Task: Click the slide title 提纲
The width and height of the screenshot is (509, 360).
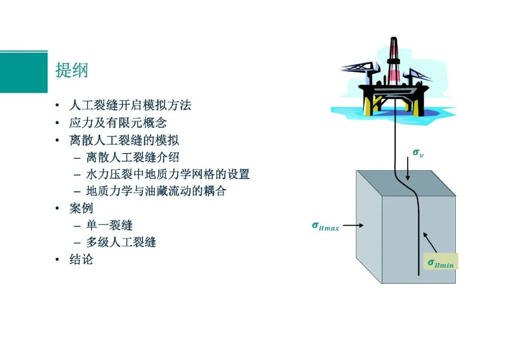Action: click(72, 70)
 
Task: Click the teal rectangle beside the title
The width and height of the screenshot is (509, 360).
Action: click(24, 72)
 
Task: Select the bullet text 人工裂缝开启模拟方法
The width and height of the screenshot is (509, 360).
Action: click(130, 105)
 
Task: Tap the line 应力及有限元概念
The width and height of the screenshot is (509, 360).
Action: click(118, 123)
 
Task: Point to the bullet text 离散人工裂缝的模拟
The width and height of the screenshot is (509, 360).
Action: click(124, 140)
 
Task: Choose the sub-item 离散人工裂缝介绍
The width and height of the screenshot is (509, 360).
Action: click(132, 157)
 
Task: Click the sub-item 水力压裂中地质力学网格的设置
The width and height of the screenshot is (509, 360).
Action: click(168, 174)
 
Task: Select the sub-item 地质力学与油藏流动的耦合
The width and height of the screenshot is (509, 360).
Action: click(156, 191)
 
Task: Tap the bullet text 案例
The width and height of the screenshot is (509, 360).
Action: click(81, 208)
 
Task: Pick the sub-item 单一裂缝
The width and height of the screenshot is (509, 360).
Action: click(109, 225)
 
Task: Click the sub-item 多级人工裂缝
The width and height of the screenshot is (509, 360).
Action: click(121, 242)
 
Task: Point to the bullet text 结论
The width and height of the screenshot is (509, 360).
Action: click(81, 259)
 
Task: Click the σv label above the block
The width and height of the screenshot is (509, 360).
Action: click(418, 153)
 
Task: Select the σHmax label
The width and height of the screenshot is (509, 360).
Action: click(325, 226)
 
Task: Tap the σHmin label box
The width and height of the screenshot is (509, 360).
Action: click(441, 262)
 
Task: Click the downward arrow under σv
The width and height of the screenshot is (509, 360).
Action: click(408, 169)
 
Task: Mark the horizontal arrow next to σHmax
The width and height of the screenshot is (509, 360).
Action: click(353, 225)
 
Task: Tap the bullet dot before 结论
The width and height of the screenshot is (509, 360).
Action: click(57, 259)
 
